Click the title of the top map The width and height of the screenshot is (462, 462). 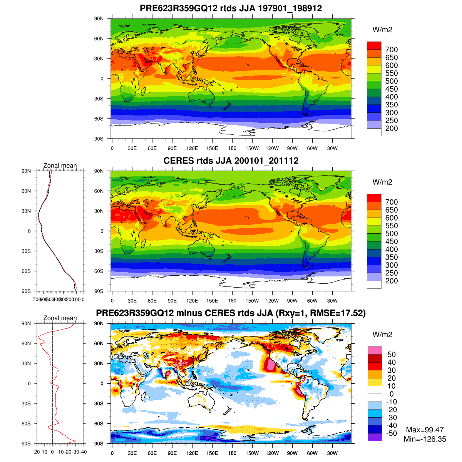pyautogui.click(x=231, y=8)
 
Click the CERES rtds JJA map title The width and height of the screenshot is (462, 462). pyautogui.click(x=231, y=161)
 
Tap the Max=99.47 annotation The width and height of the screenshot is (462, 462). pyautogui.click(x=425, y=430)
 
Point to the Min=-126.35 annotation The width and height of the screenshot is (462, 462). pyautogui.click(x=425, y=439)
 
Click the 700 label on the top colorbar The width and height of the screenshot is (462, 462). pyautogui.click(x=391, y=50)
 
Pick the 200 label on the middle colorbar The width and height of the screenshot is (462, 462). pyautogui.click(x=391, y=281)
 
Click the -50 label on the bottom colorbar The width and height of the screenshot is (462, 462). pyautogui.click(x=391, y=434)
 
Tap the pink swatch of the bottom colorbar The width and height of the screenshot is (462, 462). pyautogui.click(x=375, y=350)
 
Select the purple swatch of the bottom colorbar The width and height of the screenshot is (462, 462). pyautogui.click(x=375, y=437)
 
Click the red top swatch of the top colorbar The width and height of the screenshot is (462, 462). pyautogui.click(x=374, y=45)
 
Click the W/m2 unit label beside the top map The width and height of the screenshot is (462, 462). pyautogui.click(x=382, y=30)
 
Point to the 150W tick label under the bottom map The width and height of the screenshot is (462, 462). pyautogui.click(x=252, y=454)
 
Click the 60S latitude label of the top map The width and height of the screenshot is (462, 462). pyautogui.click(x=99, y=119)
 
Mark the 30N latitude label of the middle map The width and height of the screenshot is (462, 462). pyautogui.click(x=99, y=211)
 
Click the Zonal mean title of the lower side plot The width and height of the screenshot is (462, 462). pyautogui.click(x=60, y=318)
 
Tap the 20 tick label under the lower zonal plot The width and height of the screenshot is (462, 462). pyautogui.click(x=37, y=452)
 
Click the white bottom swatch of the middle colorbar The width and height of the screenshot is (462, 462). pyautogui.click(x=374, y=285)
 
